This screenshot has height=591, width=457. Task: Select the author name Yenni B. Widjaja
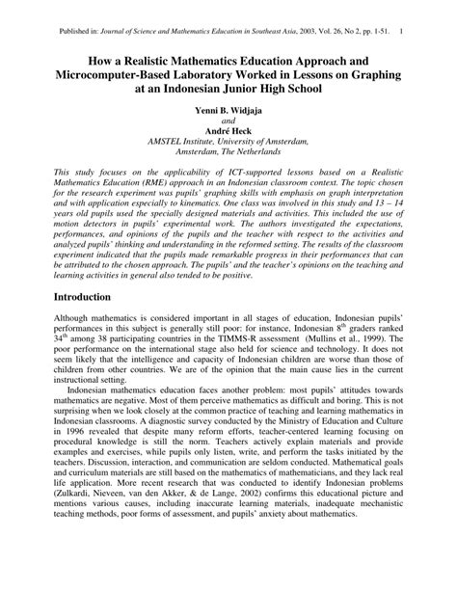[228, 111]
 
